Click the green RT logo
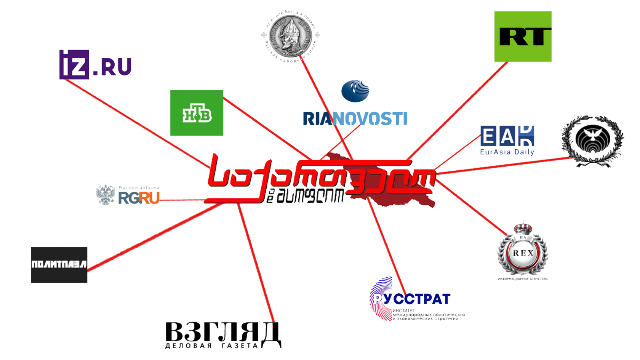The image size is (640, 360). [523, 37]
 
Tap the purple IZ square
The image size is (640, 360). [74, 65]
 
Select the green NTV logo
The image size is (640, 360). [197, 113]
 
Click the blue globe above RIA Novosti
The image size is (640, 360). [355, 91]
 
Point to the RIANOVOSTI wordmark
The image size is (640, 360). [355, 119]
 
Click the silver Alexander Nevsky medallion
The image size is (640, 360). [290, 37]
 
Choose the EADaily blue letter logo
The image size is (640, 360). [507, 136]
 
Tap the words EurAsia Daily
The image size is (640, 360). [507, 152]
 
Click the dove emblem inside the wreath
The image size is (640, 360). [592, 140]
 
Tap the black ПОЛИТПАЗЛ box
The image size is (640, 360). [59, 265]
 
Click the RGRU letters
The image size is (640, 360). [139, 197]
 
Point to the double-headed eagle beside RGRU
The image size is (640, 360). [106, 194]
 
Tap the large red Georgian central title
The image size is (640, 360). [320, 175]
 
